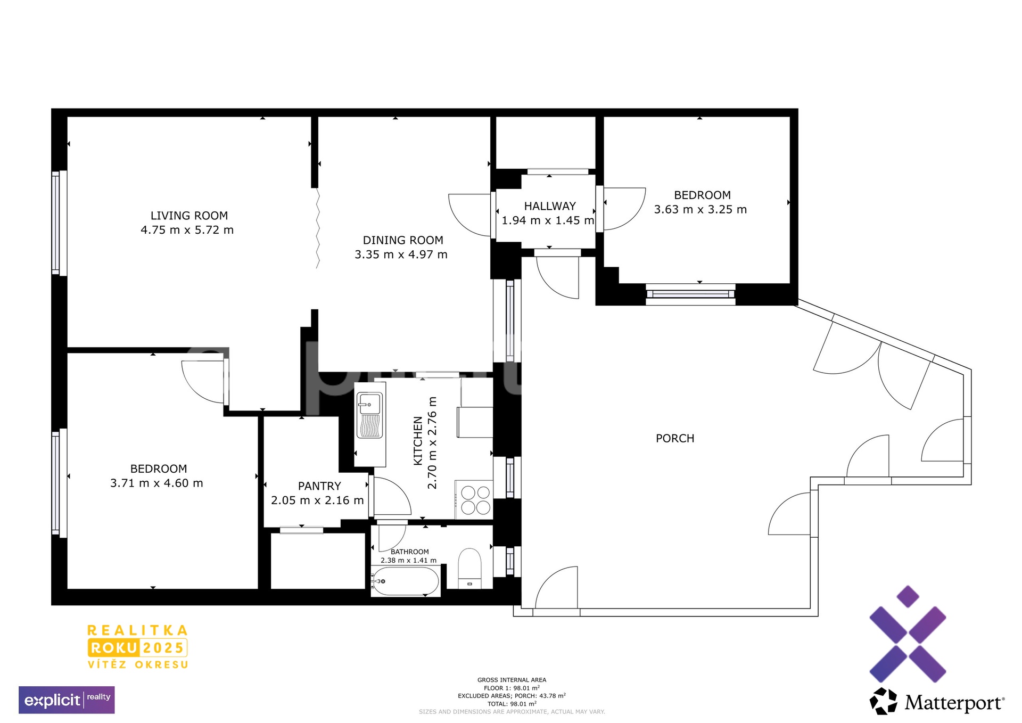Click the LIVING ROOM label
click(x=189, y=216)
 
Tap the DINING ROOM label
click(x=403, y=240)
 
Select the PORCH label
click(x=675, y=438)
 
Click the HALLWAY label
click(x=550, y=206)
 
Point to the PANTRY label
click(x=319, y=486)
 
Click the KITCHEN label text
click(x=418, y=441)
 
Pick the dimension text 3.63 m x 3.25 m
click(x=700, y=209)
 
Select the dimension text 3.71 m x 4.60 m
click(x=156, y=483)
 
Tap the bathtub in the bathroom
click(x=406, y=581)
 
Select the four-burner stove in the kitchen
click(x=475, y=499)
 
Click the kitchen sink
click(x=369, y=415)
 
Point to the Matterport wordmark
click(x=954, y=703)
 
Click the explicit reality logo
click(x=67, y=700)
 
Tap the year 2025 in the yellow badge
click(x=163, y=648)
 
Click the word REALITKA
click(x=137, y=630)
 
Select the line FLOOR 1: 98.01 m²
click(x=512, y=688)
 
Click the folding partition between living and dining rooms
click(x=318, y=228)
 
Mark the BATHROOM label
click(x=409, y=552)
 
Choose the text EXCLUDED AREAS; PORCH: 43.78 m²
click(x=512, y=696)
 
